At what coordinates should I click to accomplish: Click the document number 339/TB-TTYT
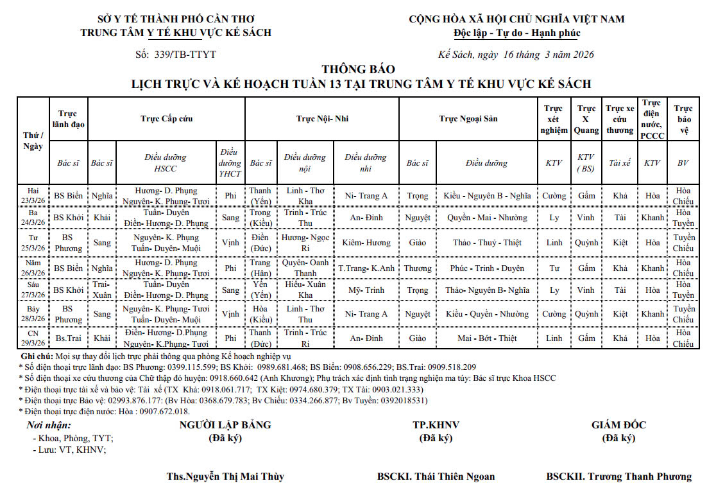click(x=185, y=55)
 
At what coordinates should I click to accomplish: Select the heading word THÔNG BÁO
click(x=358, y=69)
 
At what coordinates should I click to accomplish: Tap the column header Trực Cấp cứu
click(x=167, y=119)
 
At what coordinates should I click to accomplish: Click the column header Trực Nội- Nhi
click(x=322, y=119)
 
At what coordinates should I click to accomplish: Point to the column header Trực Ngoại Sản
click(x=468, y=119)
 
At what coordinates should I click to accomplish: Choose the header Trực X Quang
click(x=586, y=119)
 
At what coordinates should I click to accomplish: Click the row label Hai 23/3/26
click(x=33, y=195)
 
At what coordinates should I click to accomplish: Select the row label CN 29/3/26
click(x=33, y=338)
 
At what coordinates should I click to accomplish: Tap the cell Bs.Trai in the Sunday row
click(x=68, y=338)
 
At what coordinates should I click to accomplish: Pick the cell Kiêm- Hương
click(x=366, y=243)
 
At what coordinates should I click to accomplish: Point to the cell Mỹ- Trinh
click(x=366, y=290)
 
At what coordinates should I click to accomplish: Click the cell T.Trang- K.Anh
click(x=366, y=268)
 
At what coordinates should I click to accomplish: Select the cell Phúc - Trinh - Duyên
click(x=487, y=268)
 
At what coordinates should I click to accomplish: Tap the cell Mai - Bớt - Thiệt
click(x=487, y=338)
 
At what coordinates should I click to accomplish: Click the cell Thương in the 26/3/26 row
click(x=418, y=268)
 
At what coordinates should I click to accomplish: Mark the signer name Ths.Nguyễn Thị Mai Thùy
click(x=225, y=477)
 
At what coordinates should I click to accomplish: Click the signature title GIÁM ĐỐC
click(x=618, y=425)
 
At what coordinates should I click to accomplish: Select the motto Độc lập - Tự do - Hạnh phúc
click(x=516, y=33)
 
